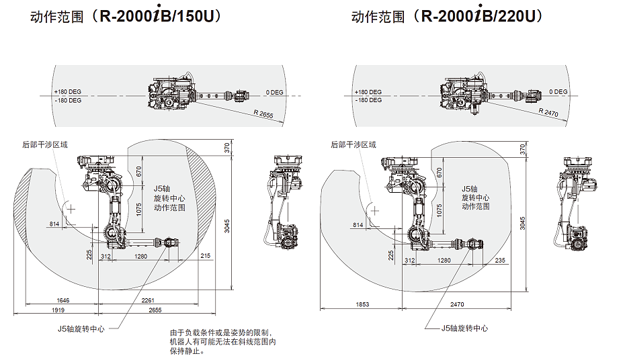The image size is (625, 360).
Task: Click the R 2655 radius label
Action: point(264,116)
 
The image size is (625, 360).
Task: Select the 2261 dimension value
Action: point(149,301)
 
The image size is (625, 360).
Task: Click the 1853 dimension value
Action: point(362,305)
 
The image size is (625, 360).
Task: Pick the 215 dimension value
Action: point(206,256)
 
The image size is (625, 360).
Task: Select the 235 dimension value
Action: point(500,260)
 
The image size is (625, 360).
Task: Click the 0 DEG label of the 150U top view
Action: point(274,92)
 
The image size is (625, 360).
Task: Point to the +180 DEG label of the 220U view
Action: point(368,92)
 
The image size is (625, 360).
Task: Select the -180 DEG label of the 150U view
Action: point(67,100)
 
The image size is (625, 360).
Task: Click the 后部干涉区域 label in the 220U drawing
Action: point(353,144)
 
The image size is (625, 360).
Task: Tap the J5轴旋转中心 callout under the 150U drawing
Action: point(81,329)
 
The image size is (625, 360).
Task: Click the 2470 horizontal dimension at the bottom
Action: point(457,305)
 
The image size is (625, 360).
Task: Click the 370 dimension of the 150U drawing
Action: point(227,149)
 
